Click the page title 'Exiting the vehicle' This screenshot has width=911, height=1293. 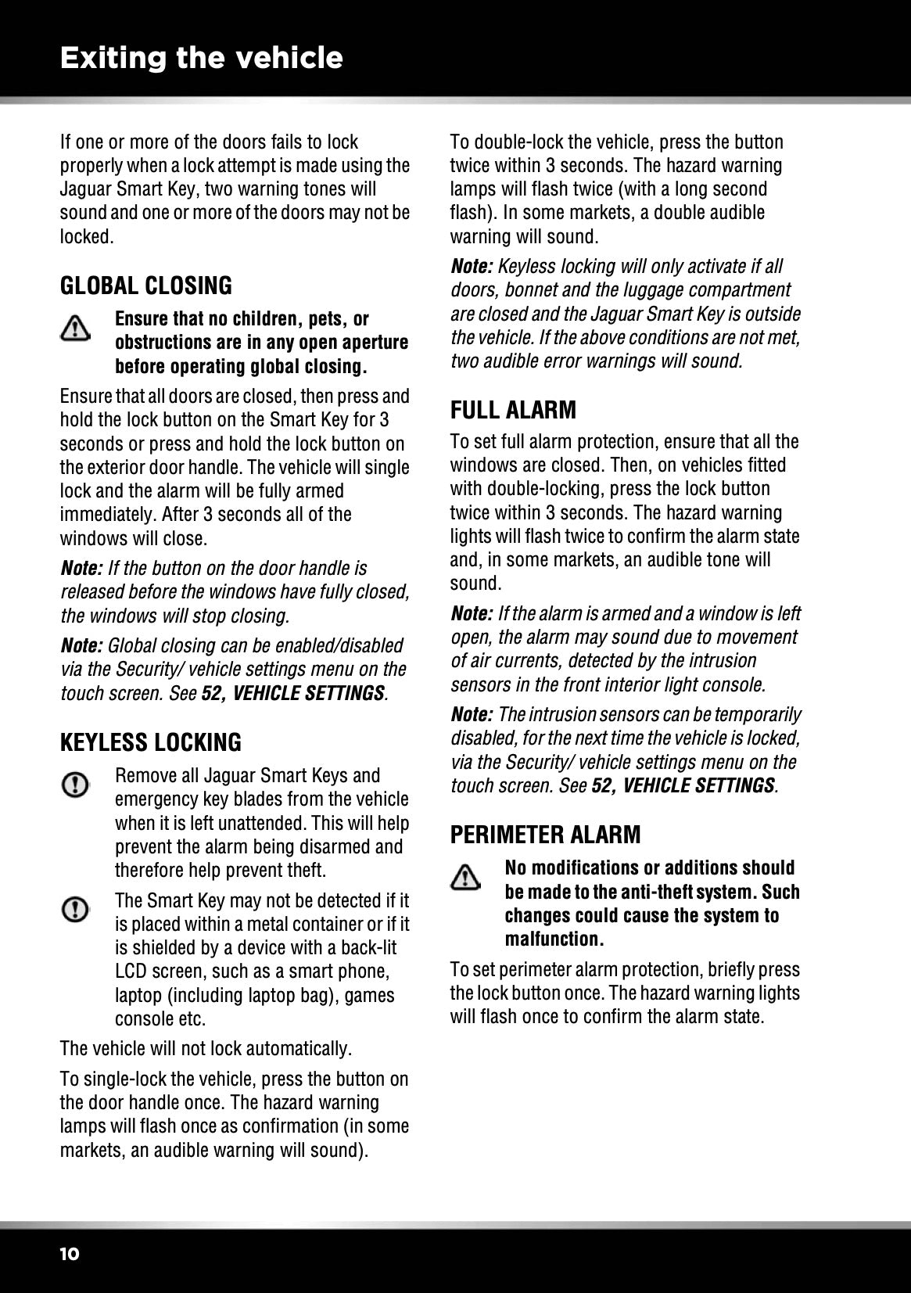coord(201,58)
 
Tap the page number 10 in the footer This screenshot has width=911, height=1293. coord(69,1254)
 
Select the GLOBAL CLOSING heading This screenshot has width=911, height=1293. coord(146,286)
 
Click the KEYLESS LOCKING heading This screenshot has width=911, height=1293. coord(151,742)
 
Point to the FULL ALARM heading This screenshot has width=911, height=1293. coord(513,410)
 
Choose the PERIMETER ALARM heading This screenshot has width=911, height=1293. coord(545,835)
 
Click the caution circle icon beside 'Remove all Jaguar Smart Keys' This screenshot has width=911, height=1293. coord(75,785)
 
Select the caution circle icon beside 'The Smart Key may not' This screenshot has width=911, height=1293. coord(75,909)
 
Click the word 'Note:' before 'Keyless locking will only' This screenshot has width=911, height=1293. coord(472,267)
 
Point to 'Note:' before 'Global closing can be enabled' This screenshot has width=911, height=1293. coord(81,646)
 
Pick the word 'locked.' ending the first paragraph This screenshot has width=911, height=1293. coord(87,237)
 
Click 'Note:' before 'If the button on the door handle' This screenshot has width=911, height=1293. coord(81,569)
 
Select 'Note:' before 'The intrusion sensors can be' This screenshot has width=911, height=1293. coord(472,715)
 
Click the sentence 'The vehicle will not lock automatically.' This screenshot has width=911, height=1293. coord(206,1048)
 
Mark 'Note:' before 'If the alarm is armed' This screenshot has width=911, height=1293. coord(472,614)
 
